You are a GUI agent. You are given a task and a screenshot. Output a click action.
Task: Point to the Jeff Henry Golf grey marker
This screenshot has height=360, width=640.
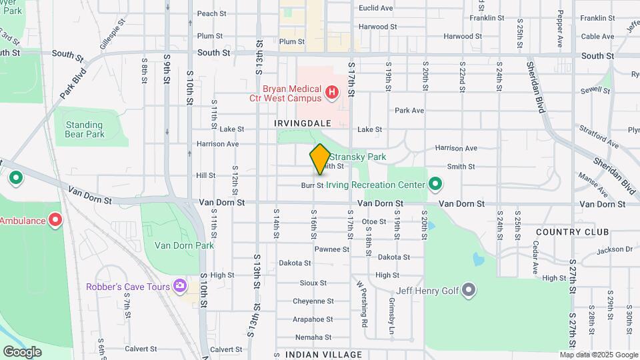pyautogui.click(x=469, y=289)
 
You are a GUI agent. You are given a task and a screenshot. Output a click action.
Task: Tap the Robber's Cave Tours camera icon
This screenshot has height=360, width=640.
pyautogui.click(x=179, y=287)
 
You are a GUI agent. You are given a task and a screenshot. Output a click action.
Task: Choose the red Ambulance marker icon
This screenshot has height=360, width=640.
pyautogui.click(x=56, y=220)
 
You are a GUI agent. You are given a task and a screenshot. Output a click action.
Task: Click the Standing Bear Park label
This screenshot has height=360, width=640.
pyautogui.click(x=85, y=129)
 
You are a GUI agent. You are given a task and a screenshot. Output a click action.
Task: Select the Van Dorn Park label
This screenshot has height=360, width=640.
pyautogui.click(x=175, y=245)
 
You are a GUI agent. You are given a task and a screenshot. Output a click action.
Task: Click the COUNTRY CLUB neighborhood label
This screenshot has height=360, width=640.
pyautogui.click(x=572, y=232)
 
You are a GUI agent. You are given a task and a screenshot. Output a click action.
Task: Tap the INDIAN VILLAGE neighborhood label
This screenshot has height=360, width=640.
pyautogui.click(x=323, y=355)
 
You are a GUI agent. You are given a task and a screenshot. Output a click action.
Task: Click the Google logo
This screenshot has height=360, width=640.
pyautogui.click(x=22, y=351)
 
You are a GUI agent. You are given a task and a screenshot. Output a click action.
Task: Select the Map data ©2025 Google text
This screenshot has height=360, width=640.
pyautogui.click(x=599, y=355)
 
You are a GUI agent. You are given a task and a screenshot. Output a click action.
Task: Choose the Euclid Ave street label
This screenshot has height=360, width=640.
pyautogui.click(x=376, y=8)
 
